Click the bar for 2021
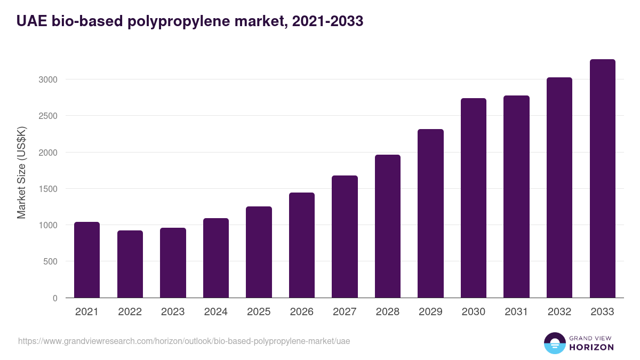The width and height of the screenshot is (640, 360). pyautogui.click(x=87, y=260)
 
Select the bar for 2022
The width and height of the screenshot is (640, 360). pyautogui.click(x=130, y=264)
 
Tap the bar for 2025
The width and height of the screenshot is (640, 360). pyautogui.click(x=259, y=252)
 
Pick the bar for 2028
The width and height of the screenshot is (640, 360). pyautogui.click(x=388, y=226)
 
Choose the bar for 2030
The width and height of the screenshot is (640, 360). pyautogui.click(x=474, y=198)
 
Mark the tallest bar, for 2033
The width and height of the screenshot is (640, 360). pyautogui.click(x=602, y=179)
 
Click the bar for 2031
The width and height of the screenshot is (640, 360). pyautogui.click(x=516, y=197)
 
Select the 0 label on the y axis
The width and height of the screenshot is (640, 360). pyautogui.click(x=54, y=298)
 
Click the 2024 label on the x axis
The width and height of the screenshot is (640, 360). pyautogui.click(x=215, y=312)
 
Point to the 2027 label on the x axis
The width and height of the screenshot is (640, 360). pyautogui.click(x=345, y=312)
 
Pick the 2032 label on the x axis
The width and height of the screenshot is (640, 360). pyautogui.click(x=559, y=312)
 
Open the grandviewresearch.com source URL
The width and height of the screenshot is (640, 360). pyautogui.click(x=184, y=341)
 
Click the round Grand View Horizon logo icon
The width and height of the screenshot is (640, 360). pyautogui.click(x=554, y=343)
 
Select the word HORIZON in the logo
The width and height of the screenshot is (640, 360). pyautogui.click(x=591, y=347)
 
